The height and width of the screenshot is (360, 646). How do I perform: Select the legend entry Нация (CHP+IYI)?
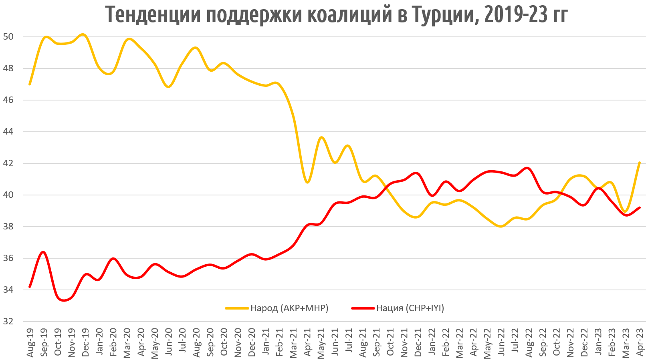click(x=410, y=308)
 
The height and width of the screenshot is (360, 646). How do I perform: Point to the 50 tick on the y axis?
click(x=8, y=37)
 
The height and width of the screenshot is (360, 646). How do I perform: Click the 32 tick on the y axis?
click(x=8, y=321)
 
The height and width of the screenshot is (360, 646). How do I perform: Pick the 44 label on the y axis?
click(x=8, y=132)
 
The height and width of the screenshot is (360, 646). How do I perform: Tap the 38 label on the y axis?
click(x=8, y=227)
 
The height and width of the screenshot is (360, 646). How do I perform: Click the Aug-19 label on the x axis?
click(x=30, y=342)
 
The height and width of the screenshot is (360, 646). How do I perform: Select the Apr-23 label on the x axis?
click(x=640, y=342)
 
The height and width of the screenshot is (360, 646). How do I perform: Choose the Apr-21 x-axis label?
click(x=308, y=342)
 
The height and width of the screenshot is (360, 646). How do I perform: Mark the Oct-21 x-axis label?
click(x=391, y=342)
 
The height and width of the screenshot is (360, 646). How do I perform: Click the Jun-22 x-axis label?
click(x=501, y=342)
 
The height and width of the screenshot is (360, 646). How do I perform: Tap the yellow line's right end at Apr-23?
click(x=640, y=163)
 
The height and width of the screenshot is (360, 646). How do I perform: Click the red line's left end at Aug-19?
click(x=30, y=287)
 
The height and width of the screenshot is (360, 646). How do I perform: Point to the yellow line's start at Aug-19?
click(x=30, y=84)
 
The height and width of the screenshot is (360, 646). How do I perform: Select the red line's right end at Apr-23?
click(x=640, y=207)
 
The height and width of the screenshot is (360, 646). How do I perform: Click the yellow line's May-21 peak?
click(x=321, y=137)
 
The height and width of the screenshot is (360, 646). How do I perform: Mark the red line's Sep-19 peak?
click(x=43, y=252)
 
